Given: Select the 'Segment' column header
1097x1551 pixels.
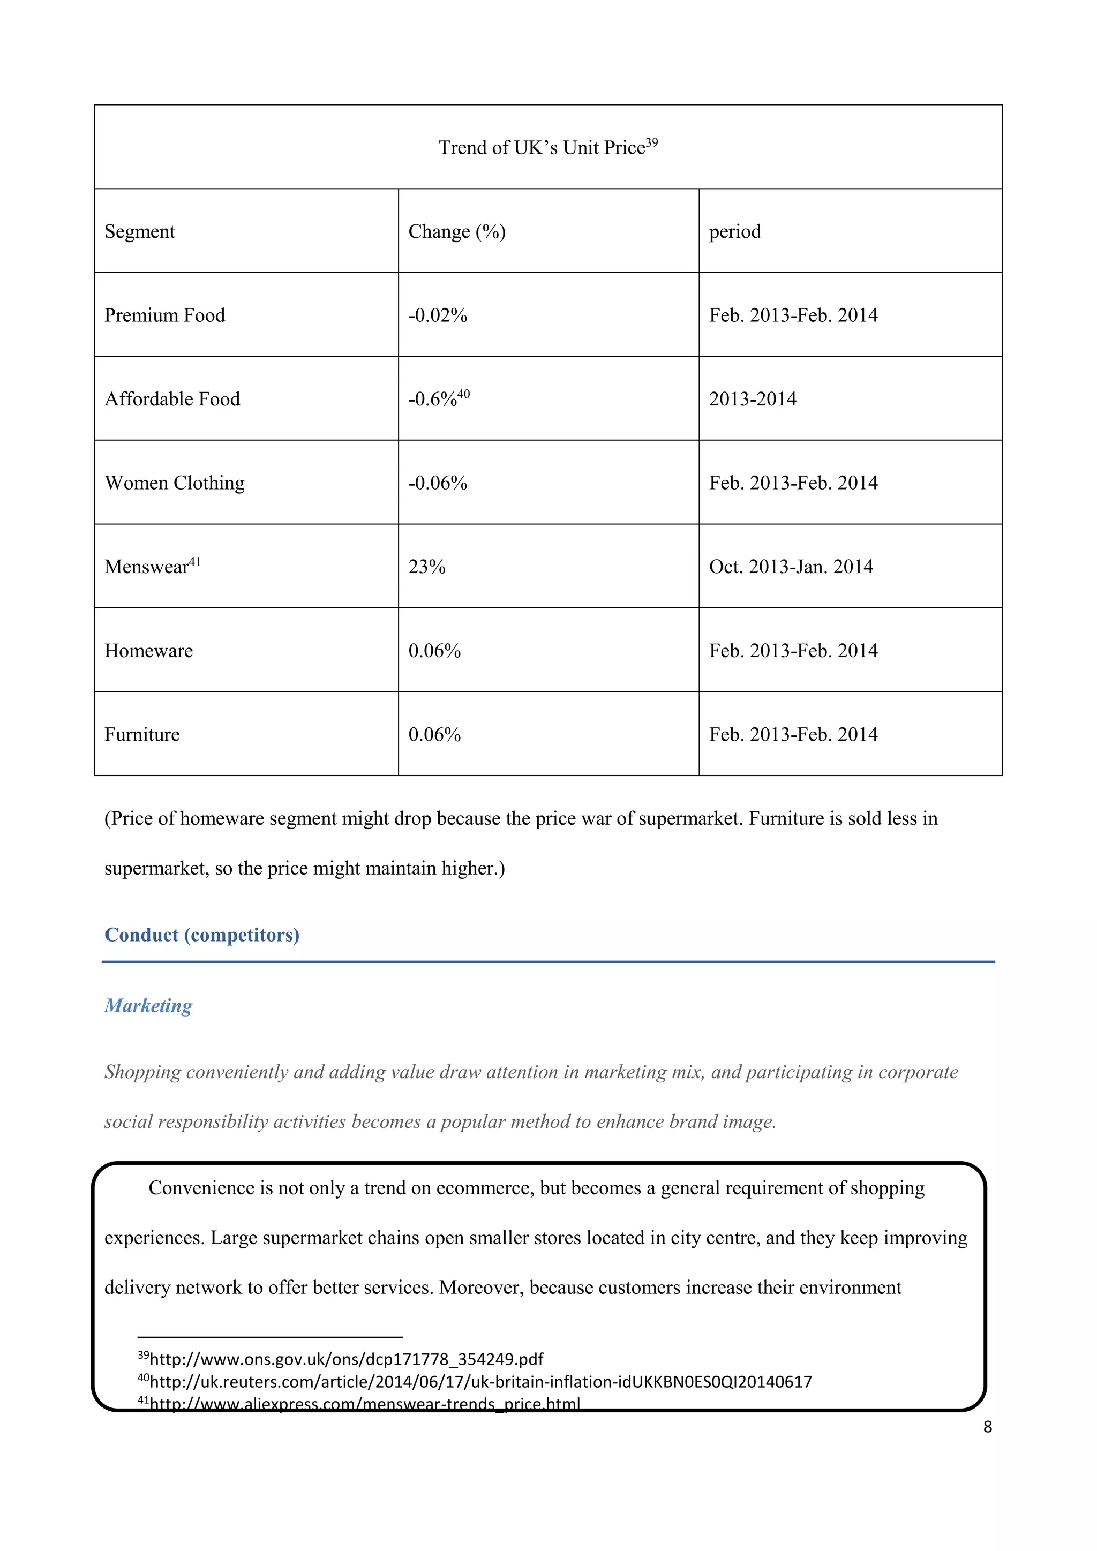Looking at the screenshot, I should click(140, 232).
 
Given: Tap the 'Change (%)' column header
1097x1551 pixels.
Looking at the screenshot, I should click(456, 232).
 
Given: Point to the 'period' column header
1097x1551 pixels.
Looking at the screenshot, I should click(734, 232).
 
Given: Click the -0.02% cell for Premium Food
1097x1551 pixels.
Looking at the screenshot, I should click(438, 315).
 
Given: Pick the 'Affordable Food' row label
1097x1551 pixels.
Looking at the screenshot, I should click(172, 399).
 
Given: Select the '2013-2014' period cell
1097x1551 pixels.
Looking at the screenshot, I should click(753, 399).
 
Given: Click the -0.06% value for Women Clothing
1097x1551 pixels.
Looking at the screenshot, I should click(438, 483).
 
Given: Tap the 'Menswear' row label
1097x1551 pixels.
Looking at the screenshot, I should click(147, 567).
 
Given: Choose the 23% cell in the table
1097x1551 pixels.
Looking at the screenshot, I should click(427, 567).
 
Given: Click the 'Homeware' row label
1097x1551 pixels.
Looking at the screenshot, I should click(148, 651).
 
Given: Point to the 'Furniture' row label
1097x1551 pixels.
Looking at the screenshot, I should click(142, 734).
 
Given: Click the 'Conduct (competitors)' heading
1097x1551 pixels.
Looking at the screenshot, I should click(202, 935).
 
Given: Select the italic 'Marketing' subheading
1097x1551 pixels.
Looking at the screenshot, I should click(148, 1006).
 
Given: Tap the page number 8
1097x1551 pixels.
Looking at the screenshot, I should click(987, 1427).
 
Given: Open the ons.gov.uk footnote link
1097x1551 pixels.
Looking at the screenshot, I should click(346, 1359).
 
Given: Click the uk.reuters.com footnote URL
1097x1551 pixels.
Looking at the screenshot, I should click(479, 1381).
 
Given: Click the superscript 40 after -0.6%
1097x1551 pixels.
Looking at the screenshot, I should click(463, 394).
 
